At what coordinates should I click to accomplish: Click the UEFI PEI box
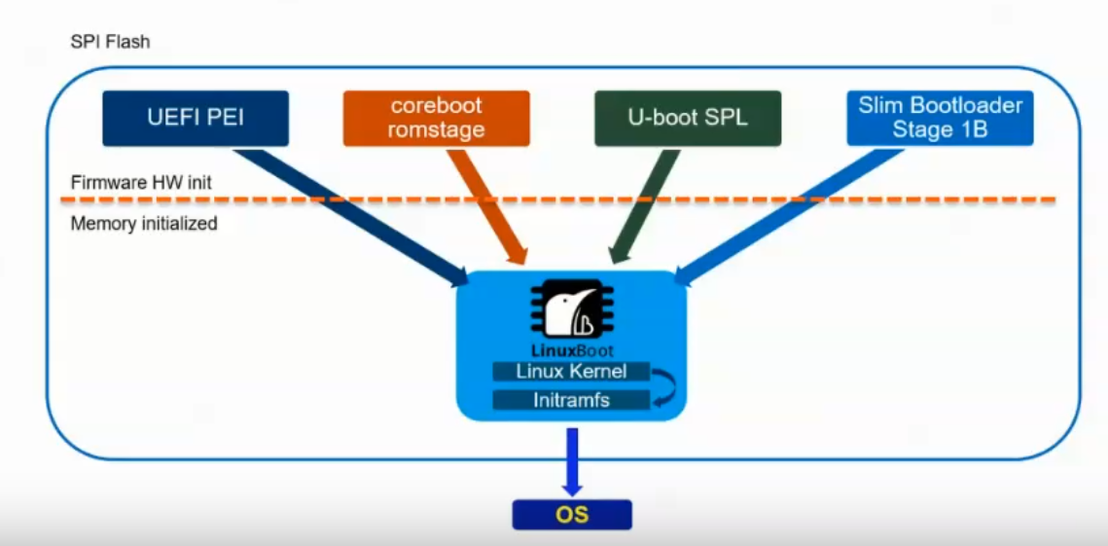pyautogui.click(x=196, y=118)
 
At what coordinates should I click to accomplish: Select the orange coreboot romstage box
pyautogui.click(x=436, y=118)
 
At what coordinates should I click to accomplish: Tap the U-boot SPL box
pyautogui.click(x=688, y=118)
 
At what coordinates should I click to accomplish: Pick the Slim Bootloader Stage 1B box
pyautogui.click(x=940, y=118)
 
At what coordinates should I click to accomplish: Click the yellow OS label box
pyautogui.click(x=572, y=514)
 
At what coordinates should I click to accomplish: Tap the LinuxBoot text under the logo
pyautogui.click(x=571, y=349)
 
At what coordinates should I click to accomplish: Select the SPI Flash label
pyautogui.click(x=110, y=43)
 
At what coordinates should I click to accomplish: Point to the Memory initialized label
pyautogui.click(x=144, y=224)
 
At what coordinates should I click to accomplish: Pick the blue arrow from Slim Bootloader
pyautogui.click(x=778, y=215)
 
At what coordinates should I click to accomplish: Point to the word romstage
pyautogui.click(x=436, y=129)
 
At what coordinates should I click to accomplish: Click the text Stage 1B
pyautogui.click(x=940, y=129)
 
